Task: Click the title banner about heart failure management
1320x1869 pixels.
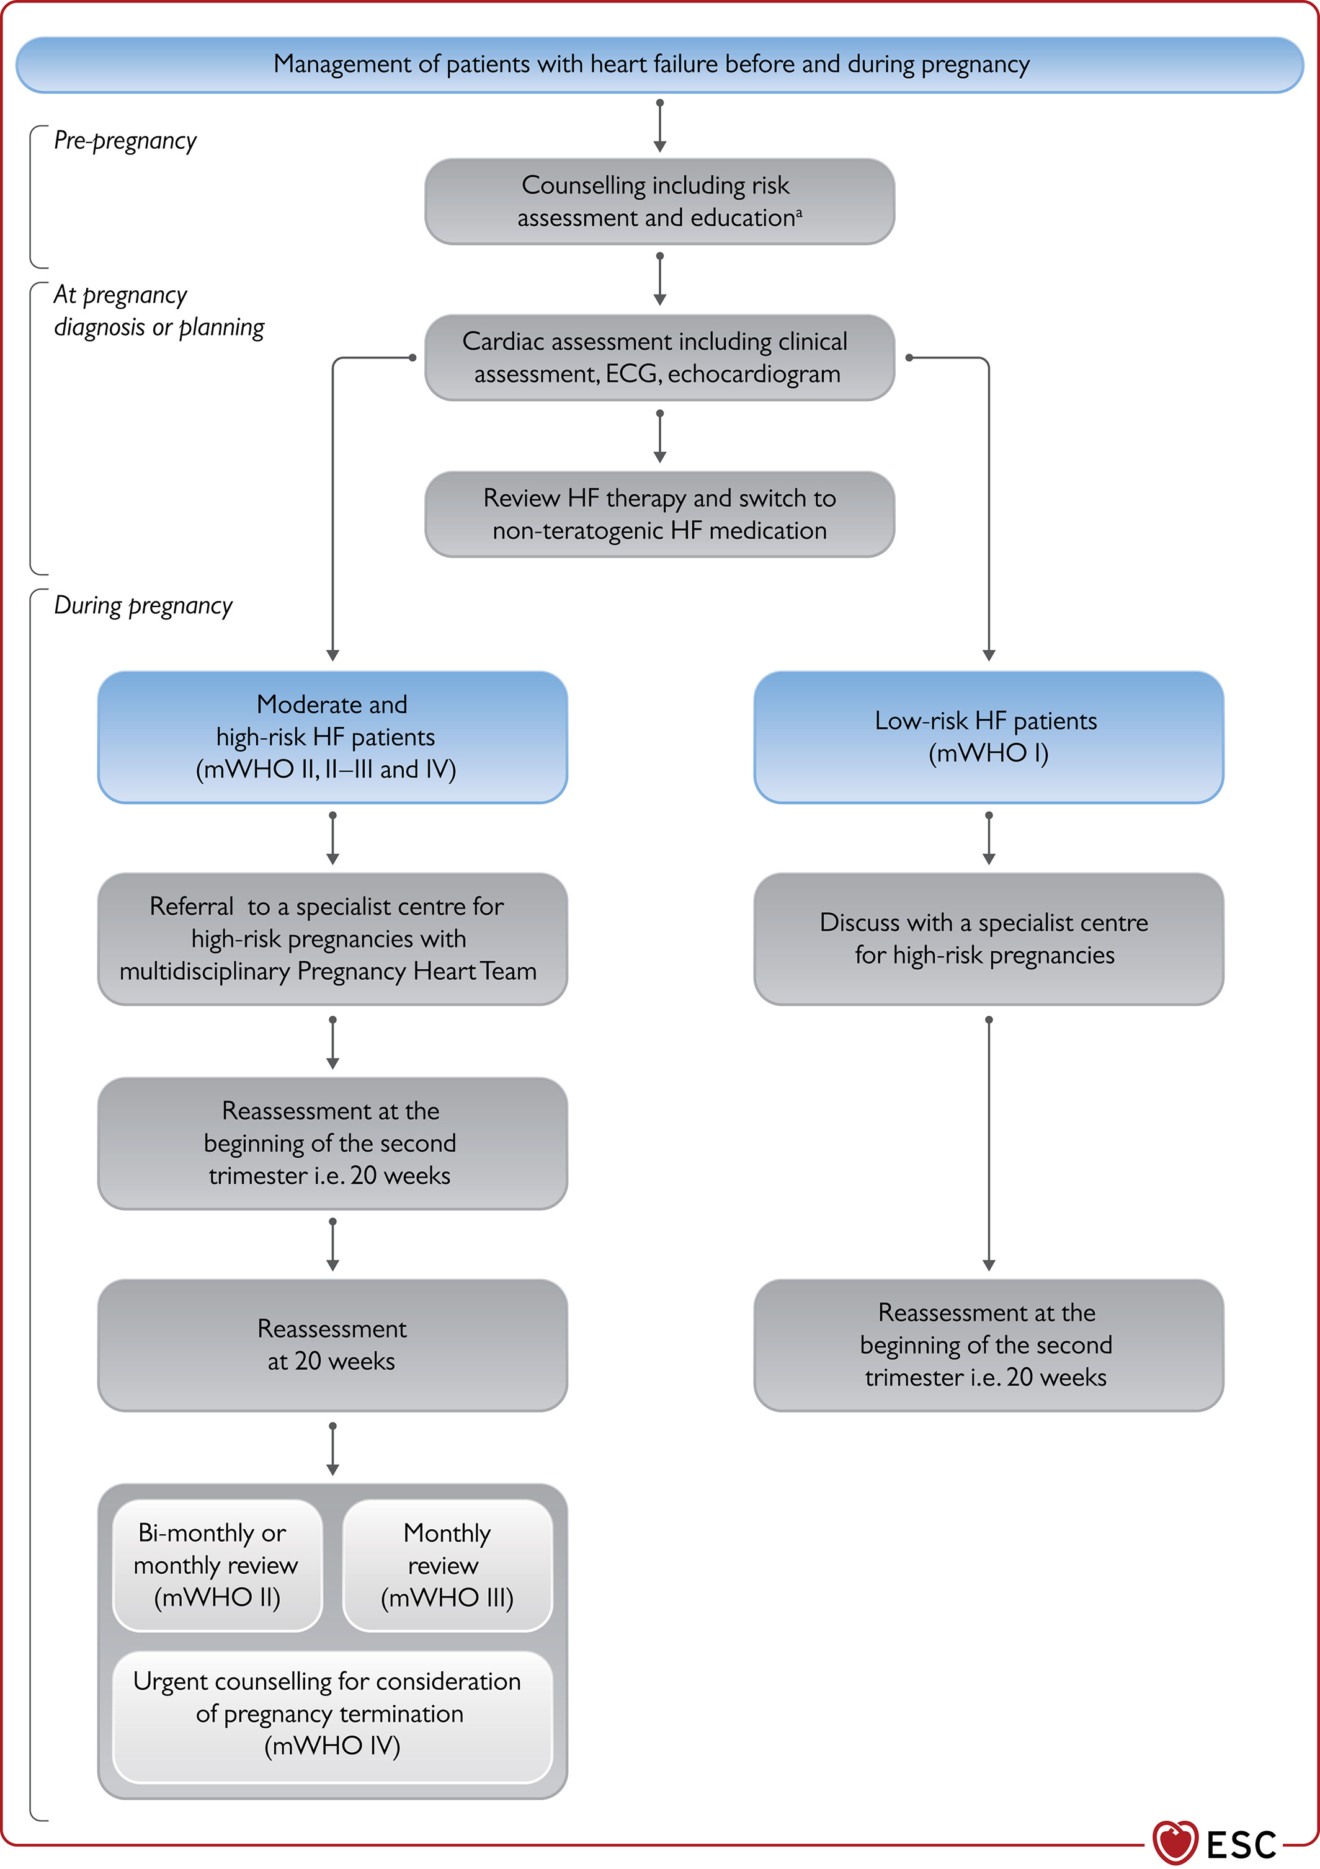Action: coord(659,64)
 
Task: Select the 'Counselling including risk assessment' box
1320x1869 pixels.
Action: coord(659,201)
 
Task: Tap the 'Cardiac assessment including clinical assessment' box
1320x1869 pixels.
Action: coord(659,357)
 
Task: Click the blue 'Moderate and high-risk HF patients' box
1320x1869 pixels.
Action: coord(332,737)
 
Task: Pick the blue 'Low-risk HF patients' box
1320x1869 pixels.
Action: coord(989,737)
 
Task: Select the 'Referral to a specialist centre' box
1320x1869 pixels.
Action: coord(332,939)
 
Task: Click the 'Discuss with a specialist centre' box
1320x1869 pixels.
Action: coord(989,939)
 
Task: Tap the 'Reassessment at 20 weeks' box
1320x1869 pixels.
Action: coord(332,1345)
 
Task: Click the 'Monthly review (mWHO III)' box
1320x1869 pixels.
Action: coord(447,1565)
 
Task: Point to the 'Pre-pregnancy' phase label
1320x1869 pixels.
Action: coord(125,141)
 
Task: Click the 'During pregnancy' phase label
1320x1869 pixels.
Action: coord(143,606)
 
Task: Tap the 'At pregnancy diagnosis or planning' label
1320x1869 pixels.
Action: coord(159,311)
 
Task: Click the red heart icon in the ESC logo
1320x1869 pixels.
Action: coord(1175,1842)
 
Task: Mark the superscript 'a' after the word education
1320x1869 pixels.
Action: coord(799,213)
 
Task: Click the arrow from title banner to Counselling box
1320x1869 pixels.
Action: coord(659,126)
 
